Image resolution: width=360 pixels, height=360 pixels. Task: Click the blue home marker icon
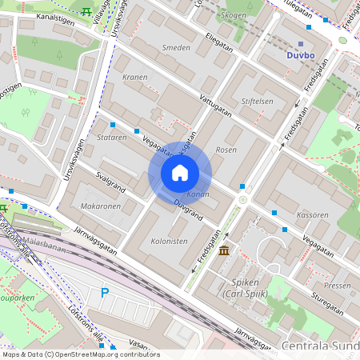(x=180, y=173)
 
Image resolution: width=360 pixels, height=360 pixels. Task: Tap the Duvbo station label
(x=302, y=55)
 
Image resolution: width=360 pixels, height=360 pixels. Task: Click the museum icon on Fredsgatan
(x=222, y=252)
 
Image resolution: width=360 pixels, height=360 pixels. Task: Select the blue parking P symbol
(x=104, y=294)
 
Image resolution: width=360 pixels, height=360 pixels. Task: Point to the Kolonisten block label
(x=169, y=241)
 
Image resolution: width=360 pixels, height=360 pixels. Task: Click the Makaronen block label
(x=101, y=206)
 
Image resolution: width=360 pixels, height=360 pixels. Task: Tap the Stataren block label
(x=111, y=138)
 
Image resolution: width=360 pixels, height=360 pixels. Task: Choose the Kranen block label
(x=137, y=78)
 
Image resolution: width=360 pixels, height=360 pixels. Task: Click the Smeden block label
(x=176, y=48)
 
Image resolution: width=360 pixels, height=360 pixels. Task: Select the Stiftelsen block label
(x=257, y=102)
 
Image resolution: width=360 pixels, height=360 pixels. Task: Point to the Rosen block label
(x=226, y=150)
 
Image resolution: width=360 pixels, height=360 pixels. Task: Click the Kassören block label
(x=313, y=216)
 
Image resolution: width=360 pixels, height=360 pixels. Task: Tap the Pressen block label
(x=338, y=285)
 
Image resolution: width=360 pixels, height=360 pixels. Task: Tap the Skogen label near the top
(x=233, y=15)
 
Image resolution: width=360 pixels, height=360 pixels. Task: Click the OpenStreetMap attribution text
(x=80, y=354)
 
